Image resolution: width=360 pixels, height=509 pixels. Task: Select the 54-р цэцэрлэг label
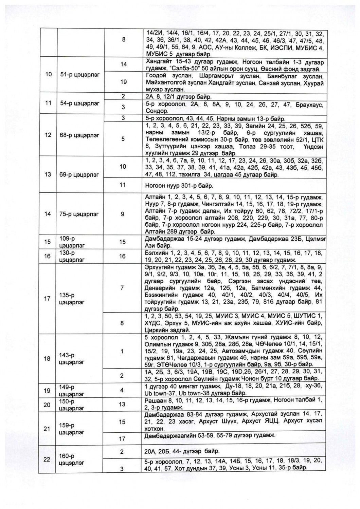pyautogui.click(x=79, y=103)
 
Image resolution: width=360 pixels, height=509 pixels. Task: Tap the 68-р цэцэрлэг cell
pyautogui.click(x=79, y=135)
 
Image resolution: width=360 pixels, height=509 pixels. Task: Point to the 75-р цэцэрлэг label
pyautogui.click(x=79, y=214)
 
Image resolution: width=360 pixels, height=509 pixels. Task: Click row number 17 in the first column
pyautogui.click(x=48, y=299)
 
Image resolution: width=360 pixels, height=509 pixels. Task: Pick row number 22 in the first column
pyautogui.click(x=48, y=459)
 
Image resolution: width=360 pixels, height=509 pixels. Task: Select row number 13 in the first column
pyautogui.click(x=48, y=174)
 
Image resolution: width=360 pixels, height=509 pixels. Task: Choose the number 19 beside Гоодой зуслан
pyautogui.click(x=123, y=82)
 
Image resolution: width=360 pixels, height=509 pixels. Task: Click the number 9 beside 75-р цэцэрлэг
pyautogui.click(x=123, y=214)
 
